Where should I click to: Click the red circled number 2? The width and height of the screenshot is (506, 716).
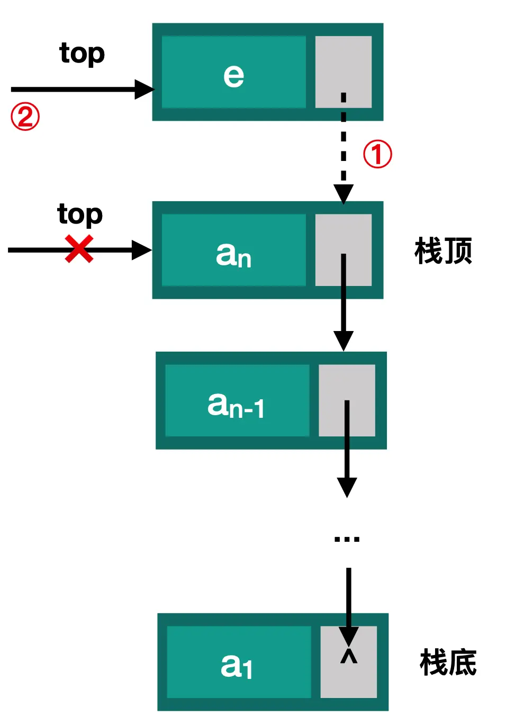25,117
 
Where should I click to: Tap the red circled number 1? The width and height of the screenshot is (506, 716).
377,155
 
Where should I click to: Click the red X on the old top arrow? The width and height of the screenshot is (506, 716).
79,249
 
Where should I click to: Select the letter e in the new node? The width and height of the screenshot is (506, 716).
233,75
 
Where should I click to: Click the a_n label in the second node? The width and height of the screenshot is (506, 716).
233,255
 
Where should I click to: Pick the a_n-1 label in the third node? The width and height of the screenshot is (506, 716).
236,405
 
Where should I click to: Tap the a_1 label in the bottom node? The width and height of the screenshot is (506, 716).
237,666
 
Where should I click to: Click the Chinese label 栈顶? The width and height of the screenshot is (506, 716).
443,251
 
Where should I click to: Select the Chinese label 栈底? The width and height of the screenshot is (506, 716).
448,663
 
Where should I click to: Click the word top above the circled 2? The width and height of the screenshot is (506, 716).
82,54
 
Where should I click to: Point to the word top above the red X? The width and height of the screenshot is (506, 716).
80,214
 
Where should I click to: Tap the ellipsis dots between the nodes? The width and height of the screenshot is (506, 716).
347,539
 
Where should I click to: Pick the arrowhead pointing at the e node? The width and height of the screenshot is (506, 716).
144,89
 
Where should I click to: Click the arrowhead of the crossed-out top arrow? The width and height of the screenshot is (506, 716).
141,250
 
